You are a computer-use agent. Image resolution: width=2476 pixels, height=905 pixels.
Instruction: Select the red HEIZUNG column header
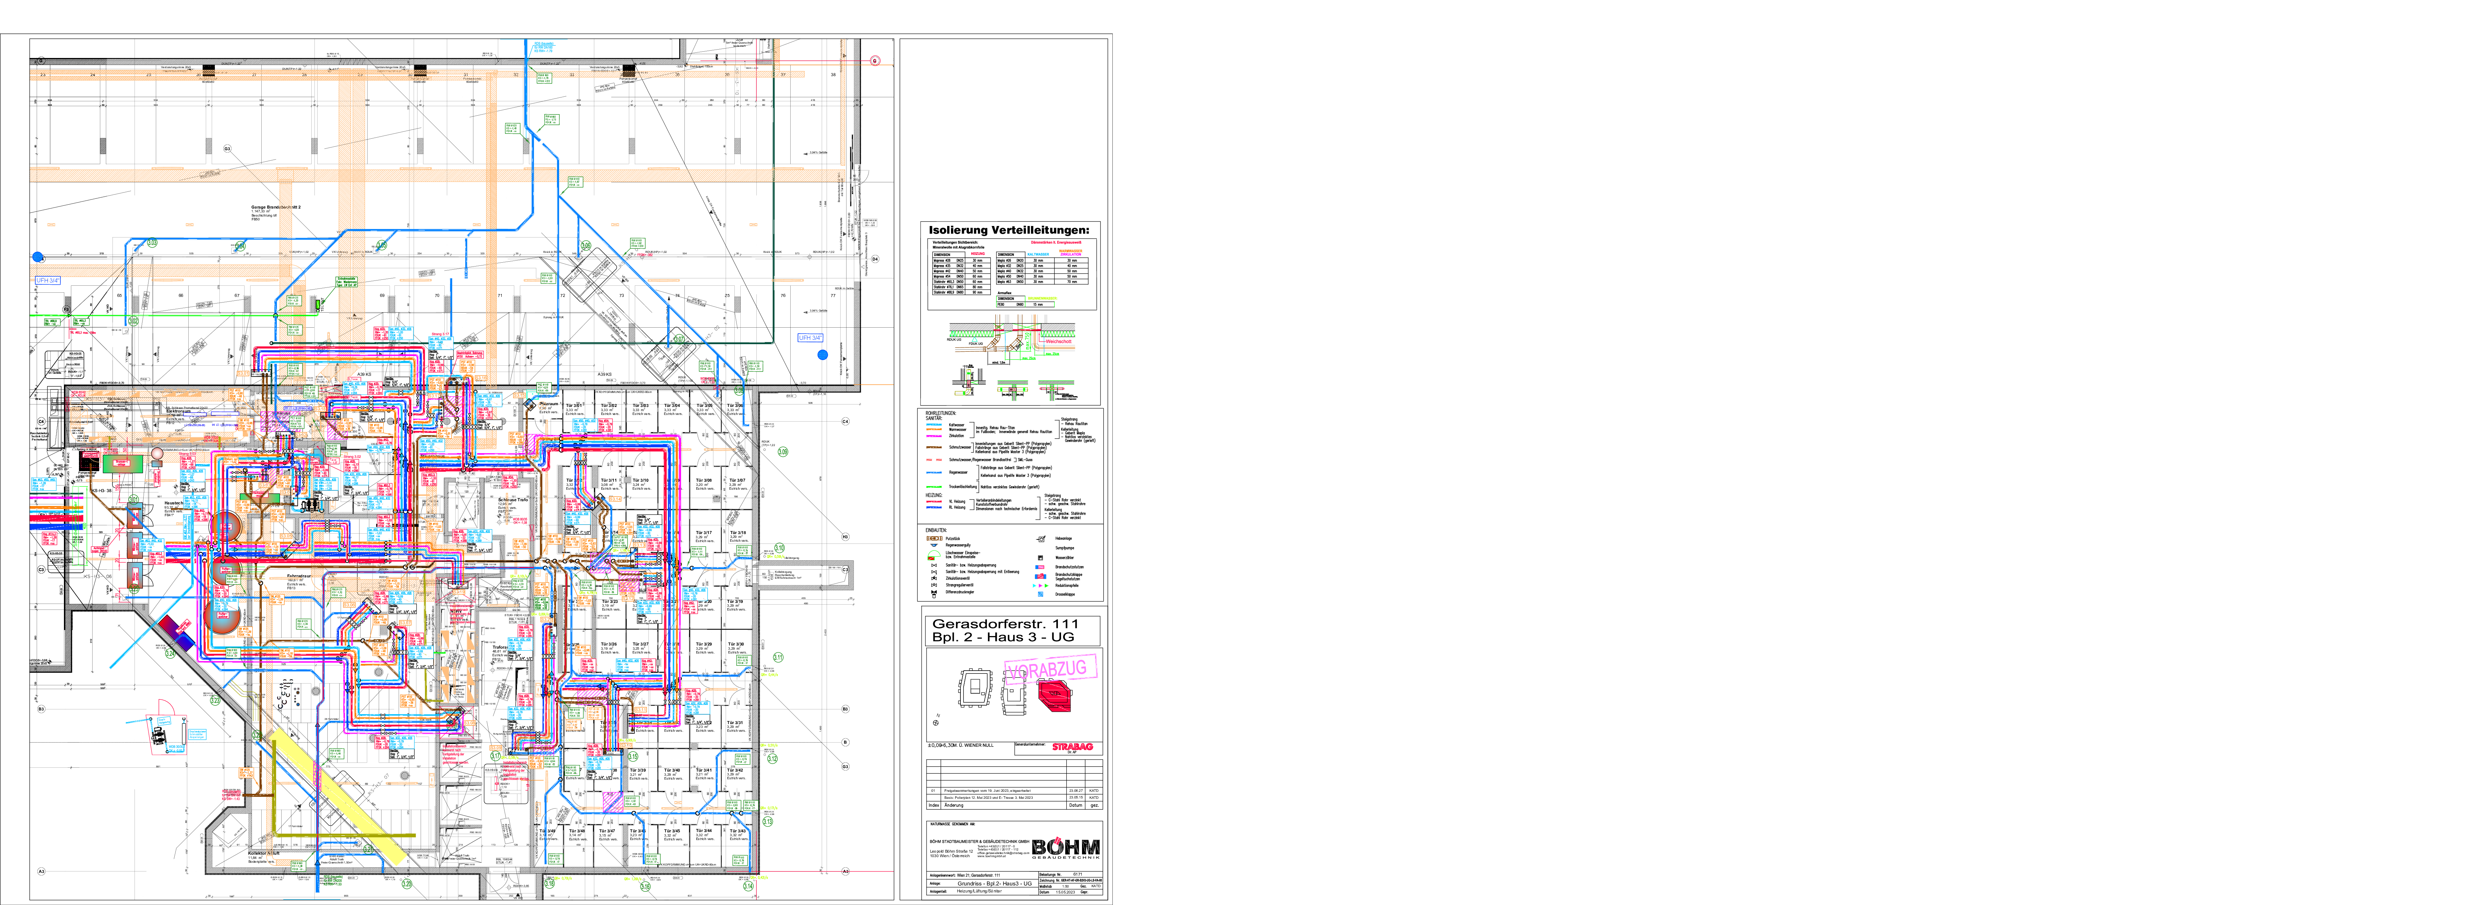(x=978, y=254)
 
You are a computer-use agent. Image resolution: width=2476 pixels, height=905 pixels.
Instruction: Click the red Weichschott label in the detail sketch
(x=1058, y=341)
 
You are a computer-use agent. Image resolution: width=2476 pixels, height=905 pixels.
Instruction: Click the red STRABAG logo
(x=1072, y=746)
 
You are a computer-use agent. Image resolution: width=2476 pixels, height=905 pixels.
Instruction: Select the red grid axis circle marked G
(x=875, y=60)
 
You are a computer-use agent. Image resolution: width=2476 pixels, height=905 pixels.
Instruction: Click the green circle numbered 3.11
(x=778, y=657)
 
